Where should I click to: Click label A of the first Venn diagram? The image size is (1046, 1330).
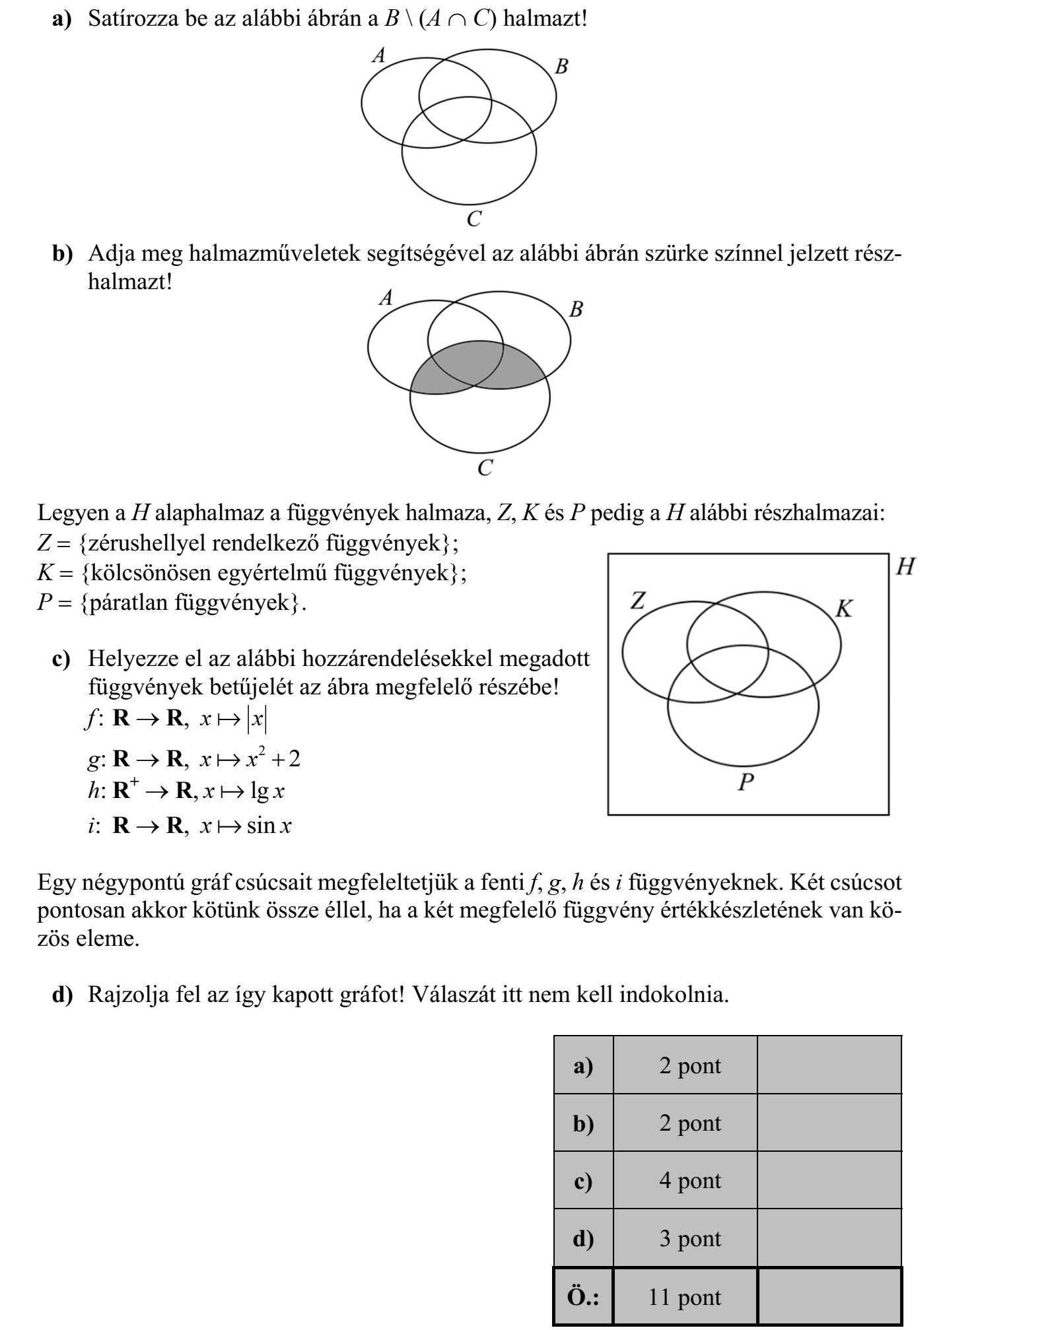tap(379, 55)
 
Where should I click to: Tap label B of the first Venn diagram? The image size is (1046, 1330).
tap(561, 67)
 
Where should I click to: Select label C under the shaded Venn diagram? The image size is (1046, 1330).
tap(485, 468)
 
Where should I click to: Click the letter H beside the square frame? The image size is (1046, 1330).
tap(905, 567)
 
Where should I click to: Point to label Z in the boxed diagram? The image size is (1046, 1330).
tap(638, 601)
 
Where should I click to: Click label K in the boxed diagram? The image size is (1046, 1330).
tap(844, 609)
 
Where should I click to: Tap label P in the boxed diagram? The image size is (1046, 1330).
tap(746, 783)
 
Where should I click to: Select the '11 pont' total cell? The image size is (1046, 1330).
tap(685, 1297)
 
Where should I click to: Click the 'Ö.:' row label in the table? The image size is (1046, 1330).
tap(583, 1297)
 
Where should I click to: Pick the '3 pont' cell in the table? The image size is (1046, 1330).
tap(685, 1239)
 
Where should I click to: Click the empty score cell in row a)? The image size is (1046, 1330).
tap(829, 1065)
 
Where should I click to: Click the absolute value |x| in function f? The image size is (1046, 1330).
tap(256, 719)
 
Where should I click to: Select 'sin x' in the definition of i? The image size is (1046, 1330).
tap(269, 826)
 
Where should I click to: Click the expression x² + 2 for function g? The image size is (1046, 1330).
tap(273, 759)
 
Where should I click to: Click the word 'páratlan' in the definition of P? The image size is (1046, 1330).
tap(126, 603)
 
